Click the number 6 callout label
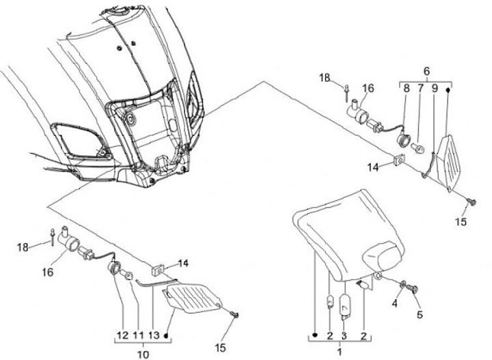coord(426,71)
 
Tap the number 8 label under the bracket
coord(406,88)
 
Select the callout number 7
coord(421,88)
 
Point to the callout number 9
coord(434,88)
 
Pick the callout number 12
coord(123,335)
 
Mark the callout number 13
coord(154,335)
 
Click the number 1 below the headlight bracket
coord(340,350)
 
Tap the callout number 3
coord(344,335)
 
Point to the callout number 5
coord(420,315)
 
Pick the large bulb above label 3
coord(345,305)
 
